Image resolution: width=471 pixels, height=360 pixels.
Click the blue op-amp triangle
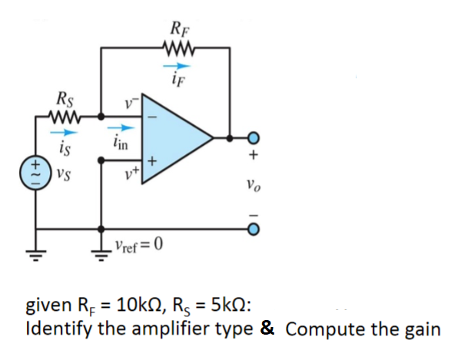173,138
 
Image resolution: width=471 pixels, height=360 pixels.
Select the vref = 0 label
139,246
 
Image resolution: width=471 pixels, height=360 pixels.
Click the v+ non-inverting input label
129,172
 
